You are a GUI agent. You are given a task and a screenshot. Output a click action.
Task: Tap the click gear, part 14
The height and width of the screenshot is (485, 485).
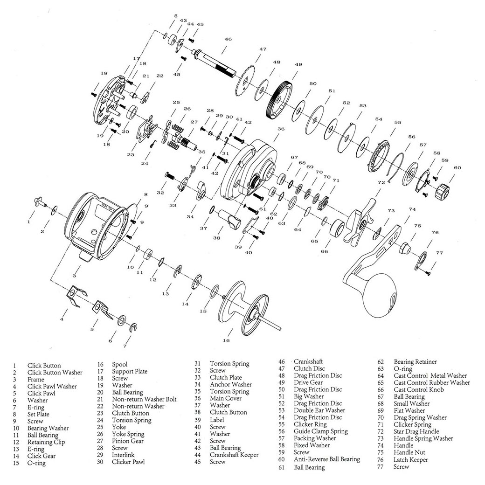[x=196, y=282]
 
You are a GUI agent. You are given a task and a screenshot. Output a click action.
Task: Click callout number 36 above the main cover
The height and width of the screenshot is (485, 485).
[x=281, y=129]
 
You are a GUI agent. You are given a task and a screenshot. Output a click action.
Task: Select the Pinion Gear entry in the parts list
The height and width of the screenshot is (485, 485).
[x=127, y=441]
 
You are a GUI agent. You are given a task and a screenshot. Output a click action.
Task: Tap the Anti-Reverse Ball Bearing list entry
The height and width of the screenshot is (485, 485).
[x=327, y=459]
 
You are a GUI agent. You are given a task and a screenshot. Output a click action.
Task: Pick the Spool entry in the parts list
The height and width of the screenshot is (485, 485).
[x=119, y=364]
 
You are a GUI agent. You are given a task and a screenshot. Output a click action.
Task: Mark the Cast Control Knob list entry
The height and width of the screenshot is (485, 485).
[x=418, y=389]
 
